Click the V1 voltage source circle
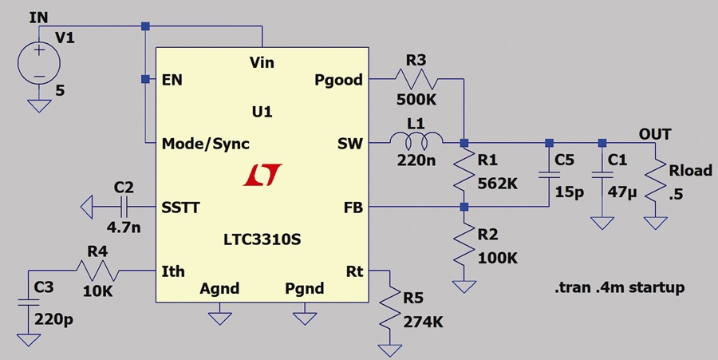point(39,62)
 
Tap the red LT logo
point(262,175)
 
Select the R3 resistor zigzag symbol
point(416,80)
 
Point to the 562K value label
point(497,184)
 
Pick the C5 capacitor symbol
point(549,175)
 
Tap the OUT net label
point(655,134)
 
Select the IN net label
point(38,18)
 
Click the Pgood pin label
point(338,80)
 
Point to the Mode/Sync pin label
point(206,144)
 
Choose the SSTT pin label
point(180,208)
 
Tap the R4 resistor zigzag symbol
point(97,271)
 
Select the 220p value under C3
point(53,319)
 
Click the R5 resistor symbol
point(390,307)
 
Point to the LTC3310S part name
point(262,239)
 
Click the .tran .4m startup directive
point(620,287)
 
